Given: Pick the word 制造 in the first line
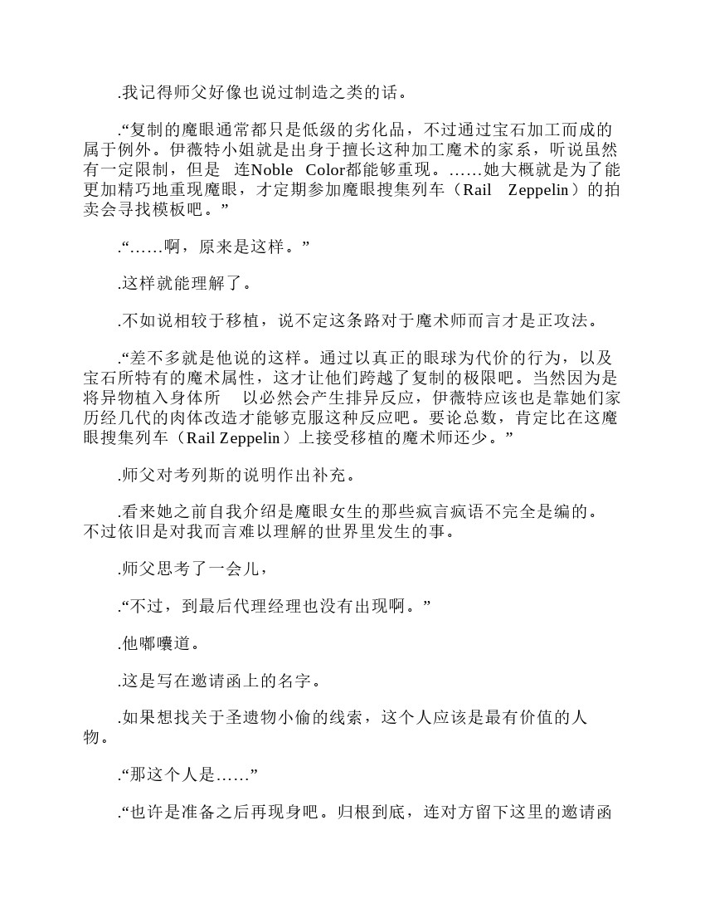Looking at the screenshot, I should tap(310, 91).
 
